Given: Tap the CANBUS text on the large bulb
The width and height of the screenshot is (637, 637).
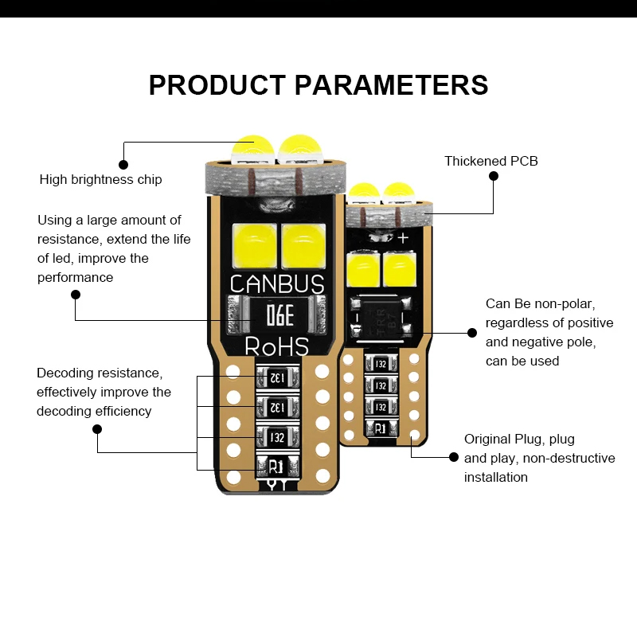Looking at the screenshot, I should point(276,284).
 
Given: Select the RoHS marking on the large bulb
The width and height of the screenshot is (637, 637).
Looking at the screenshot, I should point(276,346).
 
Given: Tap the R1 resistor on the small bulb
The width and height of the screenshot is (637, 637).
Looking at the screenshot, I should point(380,428).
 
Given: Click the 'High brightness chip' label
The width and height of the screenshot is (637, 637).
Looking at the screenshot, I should point(100,180).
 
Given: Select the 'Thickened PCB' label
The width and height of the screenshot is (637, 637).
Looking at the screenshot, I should point(490,161).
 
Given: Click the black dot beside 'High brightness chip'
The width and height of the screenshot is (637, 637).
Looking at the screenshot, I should point(123,164).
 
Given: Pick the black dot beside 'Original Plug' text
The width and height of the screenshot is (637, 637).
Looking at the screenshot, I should point(454,457).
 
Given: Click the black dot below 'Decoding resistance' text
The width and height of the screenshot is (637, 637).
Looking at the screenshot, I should point(97,428).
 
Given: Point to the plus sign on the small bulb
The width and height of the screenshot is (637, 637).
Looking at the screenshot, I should point(403,237).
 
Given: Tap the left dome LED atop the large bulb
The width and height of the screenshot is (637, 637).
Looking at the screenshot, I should point(252,147).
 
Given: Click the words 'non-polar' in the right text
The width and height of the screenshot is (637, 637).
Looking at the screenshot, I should point(565,303).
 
